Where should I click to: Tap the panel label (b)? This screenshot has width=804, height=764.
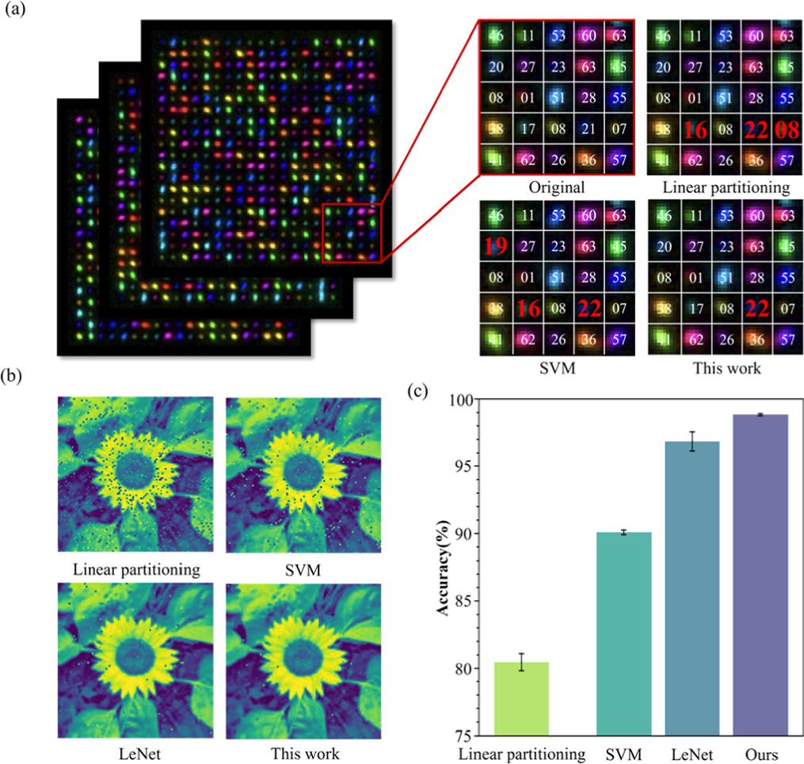point(16,375)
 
